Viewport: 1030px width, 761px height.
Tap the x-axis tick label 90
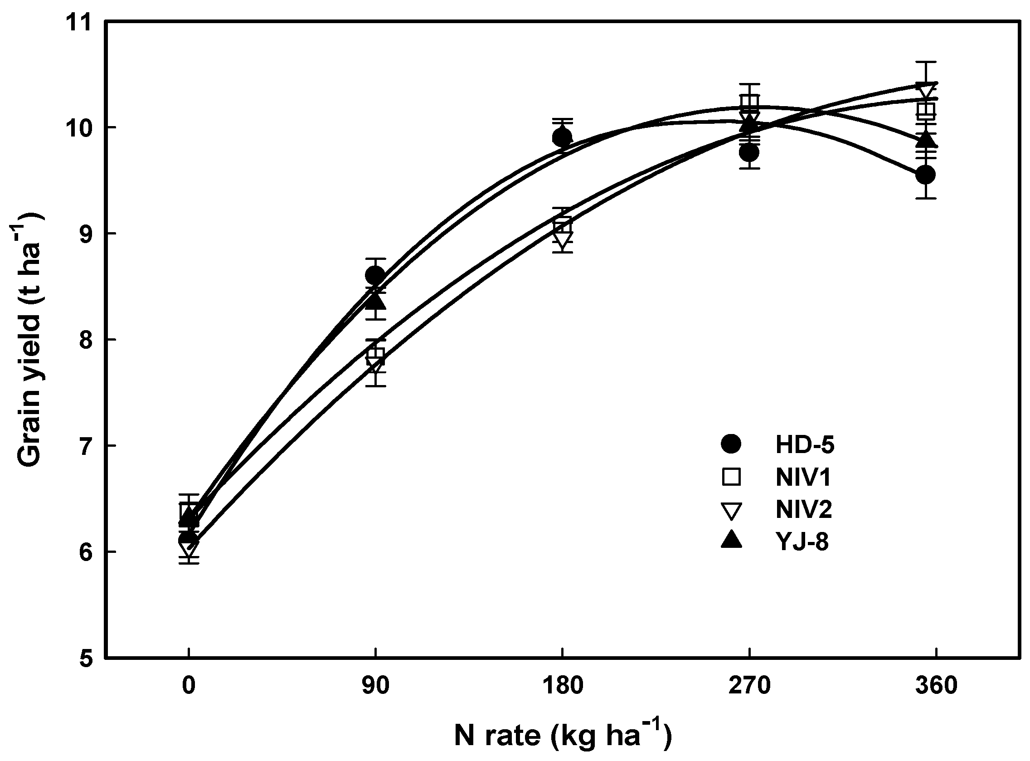[375, 686]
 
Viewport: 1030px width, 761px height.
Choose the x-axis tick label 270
[749, 686]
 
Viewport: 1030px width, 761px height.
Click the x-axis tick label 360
[936, 686]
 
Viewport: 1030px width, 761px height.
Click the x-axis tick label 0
[188, 686]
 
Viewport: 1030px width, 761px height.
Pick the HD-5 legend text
[805, 445]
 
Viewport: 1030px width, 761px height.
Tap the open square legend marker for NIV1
[731, 477]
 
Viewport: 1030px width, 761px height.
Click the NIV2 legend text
[804, 509]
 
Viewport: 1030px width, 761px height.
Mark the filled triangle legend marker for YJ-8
[731, 540]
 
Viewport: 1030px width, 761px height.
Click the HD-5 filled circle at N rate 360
[925, 175]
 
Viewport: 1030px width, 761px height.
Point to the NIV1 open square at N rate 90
[376, 354]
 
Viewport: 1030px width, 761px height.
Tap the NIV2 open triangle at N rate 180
[563, 239]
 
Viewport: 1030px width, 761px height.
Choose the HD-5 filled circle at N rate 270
[749, 152]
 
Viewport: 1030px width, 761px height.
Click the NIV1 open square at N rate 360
[926, 111]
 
